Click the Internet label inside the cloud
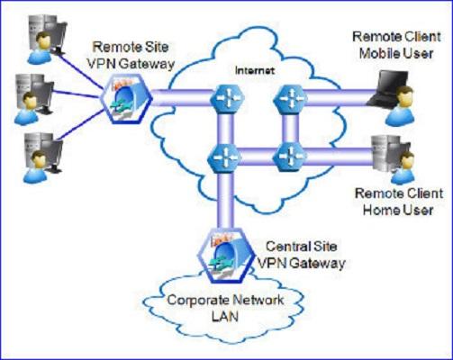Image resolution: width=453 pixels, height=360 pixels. [255, 71]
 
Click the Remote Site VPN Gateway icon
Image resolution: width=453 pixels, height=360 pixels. [126, 99]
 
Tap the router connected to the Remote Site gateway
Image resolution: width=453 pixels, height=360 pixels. [227, 98]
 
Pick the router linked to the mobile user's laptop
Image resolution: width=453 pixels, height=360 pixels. [290, 99]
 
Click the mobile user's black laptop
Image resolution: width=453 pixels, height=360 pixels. [387, 89]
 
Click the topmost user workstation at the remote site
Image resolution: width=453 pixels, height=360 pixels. [46, 39]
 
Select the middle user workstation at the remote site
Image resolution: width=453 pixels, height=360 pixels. [33, 98]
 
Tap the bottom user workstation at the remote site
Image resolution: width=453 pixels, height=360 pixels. [42, 157]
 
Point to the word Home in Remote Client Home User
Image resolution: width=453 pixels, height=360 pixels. [381, 210]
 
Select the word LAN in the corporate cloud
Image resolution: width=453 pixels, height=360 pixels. [225, 317]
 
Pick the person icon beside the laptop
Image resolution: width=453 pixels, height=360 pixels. [400, 106]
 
